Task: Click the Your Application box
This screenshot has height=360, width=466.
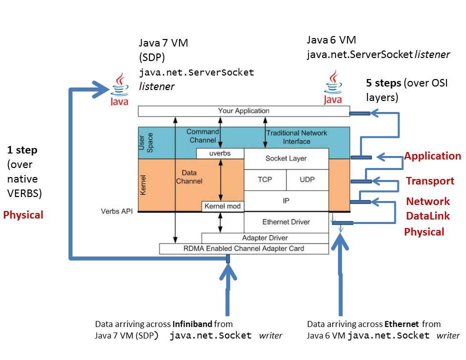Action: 243,111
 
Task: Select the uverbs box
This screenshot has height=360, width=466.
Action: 220,153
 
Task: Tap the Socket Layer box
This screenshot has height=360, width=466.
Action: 286,158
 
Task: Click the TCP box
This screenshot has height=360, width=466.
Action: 265,180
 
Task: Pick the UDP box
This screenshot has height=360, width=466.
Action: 307,180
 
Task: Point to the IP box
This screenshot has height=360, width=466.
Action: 286,201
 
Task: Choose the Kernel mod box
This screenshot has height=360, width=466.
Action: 222,206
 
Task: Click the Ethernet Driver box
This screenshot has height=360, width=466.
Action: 286,222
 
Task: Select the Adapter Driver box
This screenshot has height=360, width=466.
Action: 265,238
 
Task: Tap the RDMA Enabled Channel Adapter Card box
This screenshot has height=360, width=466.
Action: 243,248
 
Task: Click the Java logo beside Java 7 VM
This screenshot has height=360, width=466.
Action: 119,89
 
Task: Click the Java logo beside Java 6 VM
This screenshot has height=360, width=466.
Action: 333,87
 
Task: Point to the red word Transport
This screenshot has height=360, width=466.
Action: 430,180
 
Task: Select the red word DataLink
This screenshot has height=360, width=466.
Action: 428,216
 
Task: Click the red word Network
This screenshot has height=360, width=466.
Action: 428,201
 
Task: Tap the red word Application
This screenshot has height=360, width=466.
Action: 432,156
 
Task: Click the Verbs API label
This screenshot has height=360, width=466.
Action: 117,211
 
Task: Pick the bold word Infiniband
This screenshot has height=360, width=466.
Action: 192,323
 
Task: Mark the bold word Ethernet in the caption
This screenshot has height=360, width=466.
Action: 401,323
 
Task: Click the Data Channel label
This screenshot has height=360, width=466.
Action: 189,177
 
